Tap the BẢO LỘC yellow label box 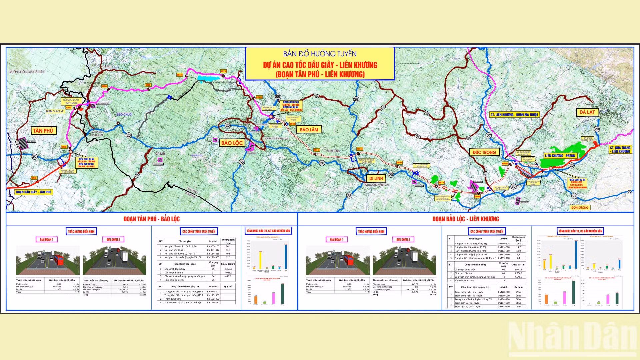[232, 143]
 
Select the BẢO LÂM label [309, 129]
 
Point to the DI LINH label [376, 178]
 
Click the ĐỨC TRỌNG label [484, 152]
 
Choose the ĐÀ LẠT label [587, 112]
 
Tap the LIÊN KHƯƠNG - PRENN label [560, 156]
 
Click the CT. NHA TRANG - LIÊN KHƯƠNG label [620, 149]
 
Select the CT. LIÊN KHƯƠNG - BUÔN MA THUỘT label [514, 115]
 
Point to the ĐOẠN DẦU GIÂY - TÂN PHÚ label [34, 192]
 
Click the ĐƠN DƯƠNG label [580, 207]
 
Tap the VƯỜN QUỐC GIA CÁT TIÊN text [27, 72]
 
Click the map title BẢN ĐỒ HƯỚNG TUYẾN [320, 54]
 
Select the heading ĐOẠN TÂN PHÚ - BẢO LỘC [152, 219]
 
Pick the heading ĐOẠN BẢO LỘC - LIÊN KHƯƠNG [466, 219]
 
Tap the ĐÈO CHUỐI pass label [124, 115]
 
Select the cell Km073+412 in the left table [213, 250]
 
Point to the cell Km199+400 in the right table [503, 258]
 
